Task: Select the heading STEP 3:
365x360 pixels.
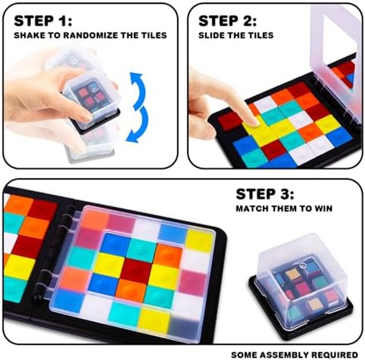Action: point(265,194)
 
